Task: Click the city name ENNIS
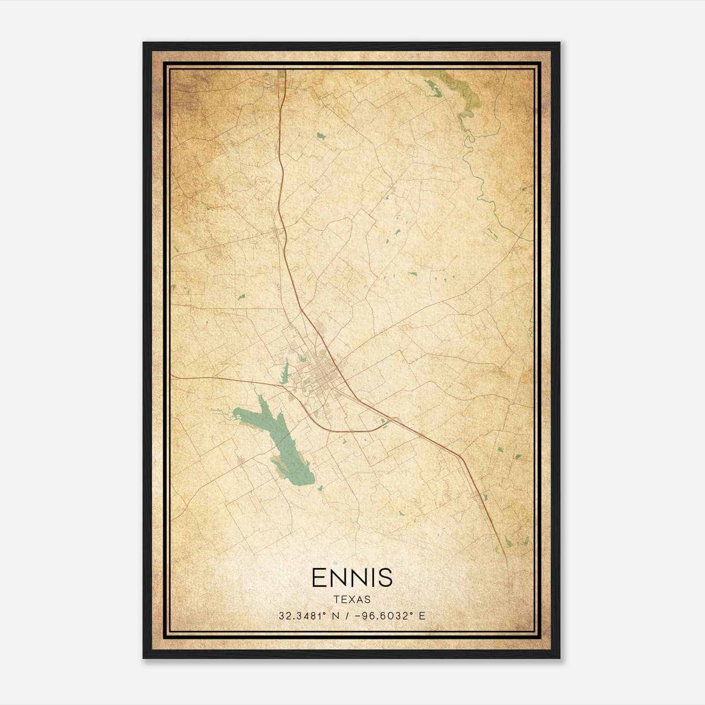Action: point(352,577)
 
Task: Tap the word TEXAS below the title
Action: point(352,600)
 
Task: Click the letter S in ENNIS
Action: point(384,577)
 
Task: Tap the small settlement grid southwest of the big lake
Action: point(241,461)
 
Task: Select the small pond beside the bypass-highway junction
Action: point(384,421)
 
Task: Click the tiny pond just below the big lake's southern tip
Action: point(320,488)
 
